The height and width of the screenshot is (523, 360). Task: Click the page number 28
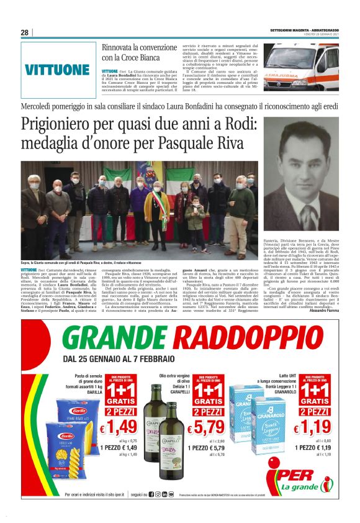click(25, 32)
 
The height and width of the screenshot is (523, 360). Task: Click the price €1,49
click(125, 428)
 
